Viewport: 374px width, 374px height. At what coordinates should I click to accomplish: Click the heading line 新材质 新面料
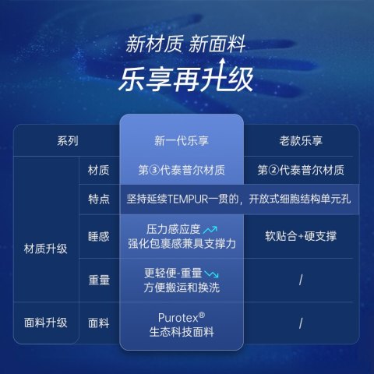click(185, 44)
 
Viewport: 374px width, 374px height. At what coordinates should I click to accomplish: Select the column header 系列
click(68, 141)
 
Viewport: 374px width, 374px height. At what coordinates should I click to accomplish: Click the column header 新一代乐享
click(182, 141)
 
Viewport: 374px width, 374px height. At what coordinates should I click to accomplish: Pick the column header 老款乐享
click(301, 141)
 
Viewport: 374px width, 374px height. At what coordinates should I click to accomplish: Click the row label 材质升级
click(46, 249)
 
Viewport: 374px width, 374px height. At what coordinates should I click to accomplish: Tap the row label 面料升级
click(46, 323)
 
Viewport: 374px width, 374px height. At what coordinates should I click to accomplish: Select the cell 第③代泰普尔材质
click(182, 171)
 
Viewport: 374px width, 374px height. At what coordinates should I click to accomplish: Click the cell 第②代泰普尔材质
click(301, 171)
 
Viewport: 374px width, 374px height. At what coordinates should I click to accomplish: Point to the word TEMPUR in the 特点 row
click(188, 199)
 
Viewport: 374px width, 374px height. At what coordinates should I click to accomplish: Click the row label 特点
click(99, 199)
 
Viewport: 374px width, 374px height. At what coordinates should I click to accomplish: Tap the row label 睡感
click(99, 237)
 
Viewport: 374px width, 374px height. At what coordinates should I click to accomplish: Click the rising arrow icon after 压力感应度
click(210, 230)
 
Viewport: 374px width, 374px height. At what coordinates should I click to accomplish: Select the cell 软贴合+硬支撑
click(301, 236)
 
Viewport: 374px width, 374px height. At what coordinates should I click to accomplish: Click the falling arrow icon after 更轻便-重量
click(211, 273)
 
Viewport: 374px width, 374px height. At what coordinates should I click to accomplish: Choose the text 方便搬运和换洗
click(182, 288)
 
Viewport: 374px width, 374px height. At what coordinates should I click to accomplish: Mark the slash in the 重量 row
click(301, 280)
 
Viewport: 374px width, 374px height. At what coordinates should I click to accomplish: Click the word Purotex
click(178, 318)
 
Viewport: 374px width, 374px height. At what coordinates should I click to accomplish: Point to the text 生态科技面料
click(182, 332)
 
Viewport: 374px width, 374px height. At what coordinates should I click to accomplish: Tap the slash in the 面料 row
click(301, 323)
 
